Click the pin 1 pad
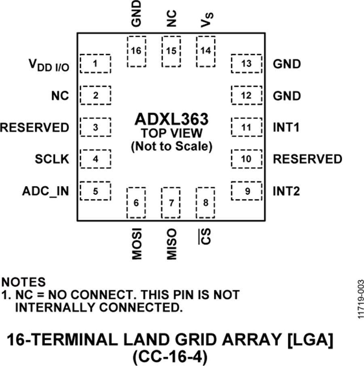95,63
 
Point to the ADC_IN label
45,191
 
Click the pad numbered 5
95,191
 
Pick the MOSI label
136,245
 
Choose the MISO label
171,244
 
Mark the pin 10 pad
246,159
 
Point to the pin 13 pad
246,63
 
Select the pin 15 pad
171,51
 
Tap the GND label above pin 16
136,13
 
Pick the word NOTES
24,281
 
